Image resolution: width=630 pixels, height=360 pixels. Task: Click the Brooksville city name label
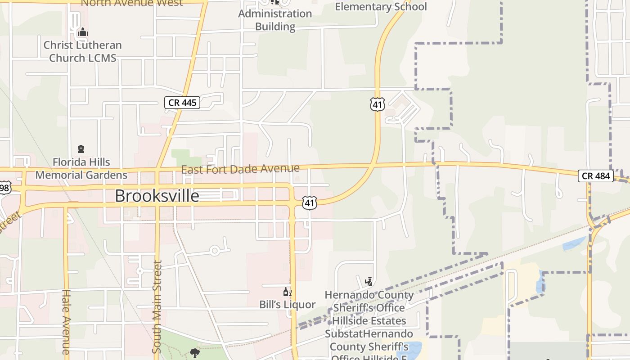coord(157,196)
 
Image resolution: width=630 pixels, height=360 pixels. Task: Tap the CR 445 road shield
coord(182,103)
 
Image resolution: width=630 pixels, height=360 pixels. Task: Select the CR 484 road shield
coord(596,176)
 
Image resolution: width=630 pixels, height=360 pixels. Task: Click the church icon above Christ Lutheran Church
coord(82,32)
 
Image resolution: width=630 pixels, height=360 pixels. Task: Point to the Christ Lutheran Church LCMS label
coord(82,51)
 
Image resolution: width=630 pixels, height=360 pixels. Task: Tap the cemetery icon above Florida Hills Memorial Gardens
coord(81,149)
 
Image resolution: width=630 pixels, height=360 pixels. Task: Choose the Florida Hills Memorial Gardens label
coord(81,168)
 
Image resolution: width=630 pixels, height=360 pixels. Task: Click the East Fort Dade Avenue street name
coord(240,169)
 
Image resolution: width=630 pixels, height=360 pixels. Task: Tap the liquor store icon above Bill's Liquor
coord(287,292)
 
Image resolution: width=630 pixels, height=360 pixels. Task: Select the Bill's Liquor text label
coord(287,305)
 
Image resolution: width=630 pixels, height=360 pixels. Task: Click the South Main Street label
coord(157,306)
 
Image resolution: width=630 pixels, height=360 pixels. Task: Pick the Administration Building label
coord(275,20)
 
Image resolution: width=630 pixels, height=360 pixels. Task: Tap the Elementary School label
coord(381,7)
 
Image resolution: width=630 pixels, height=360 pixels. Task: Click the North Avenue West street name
coord(131,3)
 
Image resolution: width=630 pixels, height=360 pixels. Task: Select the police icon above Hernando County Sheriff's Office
coord(369,282)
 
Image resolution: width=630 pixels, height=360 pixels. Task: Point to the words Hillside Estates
coord(369,321)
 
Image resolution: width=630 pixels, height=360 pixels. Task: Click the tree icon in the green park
coord(195,353)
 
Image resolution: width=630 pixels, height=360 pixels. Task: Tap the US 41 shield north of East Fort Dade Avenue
coord(378,105)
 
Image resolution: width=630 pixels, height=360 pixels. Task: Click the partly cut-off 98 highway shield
coord(4,188)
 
